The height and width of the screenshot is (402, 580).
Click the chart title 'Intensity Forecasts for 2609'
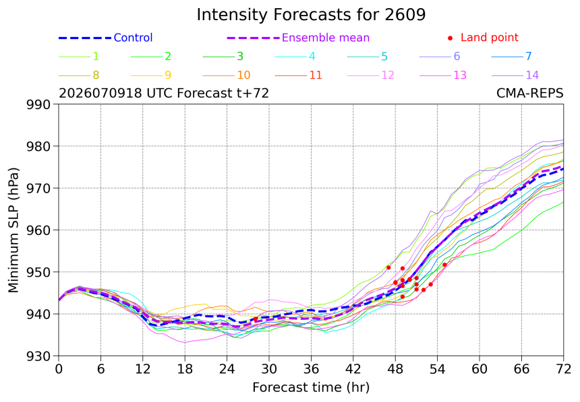[311, 15]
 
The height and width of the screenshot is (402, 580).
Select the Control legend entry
[105, 38]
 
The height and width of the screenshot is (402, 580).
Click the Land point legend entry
[483, 37]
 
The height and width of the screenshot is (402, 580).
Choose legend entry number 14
[515, 75]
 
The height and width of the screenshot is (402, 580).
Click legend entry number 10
[227, 75]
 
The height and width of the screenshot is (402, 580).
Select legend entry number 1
[79, 56]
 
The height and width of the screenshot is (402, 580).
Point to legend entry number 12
[371, 75]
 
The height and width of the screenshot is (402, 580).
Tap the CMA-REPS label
[529, 93]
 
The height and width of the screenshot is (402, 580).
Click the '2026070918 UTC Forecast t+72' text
[164, 93]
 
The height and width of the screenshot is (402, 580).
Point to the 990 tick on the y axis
[38, 104]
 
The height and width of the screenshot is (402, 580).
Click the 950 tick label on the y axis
[38, 272]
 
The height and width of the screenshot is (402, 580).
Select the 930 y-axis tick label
[38, 356]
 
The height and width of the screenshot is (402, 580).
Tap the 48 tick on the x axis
[395, 369]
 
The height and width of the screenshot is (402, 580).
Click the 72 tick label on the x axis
[563, 369]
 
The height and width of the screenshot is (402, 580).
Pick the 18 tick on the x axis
[185, 369]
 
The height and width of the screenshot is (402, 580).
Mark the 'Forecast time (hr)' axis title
[311, 387]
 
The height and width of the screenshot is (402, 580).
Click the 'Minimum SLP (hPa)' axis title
[13, 230]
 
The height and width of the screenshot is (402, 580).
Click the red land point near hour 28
[255, 319]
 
